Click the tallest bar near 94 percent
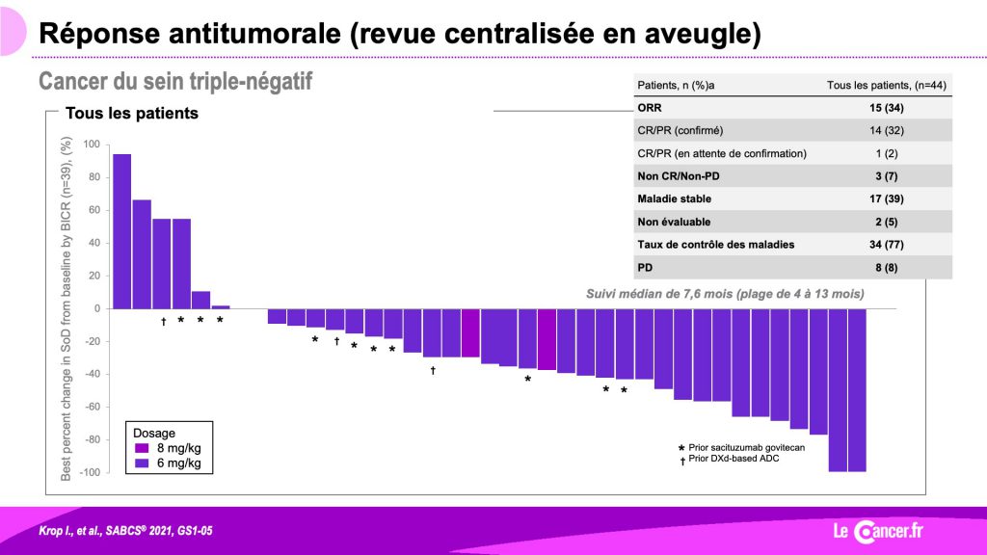point(122,231)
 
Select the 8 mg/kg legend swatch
point(143,448)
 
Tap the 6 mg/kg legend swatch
point(143,463)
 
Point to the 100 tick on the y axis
point(92,145)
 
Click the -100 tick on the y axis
point(90,472)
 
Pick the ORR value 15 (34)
point(887,108)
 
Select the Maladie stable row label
point(674,198)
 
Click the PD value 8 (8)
point(887,268)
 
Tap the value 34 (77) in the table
point(887,245)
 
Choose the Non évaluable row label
point(674,222)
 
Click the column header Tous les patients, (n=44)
point(887,85)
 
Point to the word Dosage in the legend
point(153,433)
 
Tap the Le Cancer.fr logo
point(878,531)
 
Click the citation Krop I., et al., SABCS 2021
point(125,531)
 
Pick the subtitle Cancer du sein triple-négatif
point(175,81)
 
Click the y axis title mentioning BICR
point(66,309)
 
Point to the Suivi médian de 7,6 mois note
point(725,294)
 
